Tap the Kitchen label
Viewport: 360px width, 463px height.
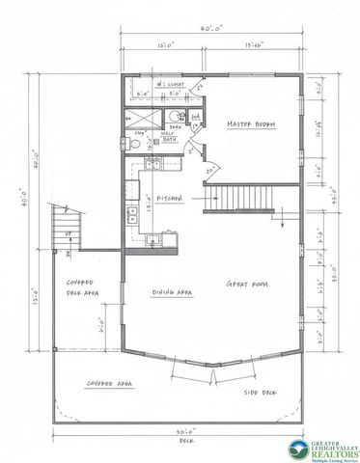pyautogui.click(x=170, y=197)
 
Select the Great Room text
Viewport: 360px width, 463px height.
pyautogui.click(x=245, y=285)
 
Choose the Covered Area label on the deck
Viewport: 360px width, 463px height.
pyautogui.click(x=109, y=383)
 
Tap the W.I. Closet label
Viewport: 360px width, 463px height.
pyautogui.click(x=171, y=84)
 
